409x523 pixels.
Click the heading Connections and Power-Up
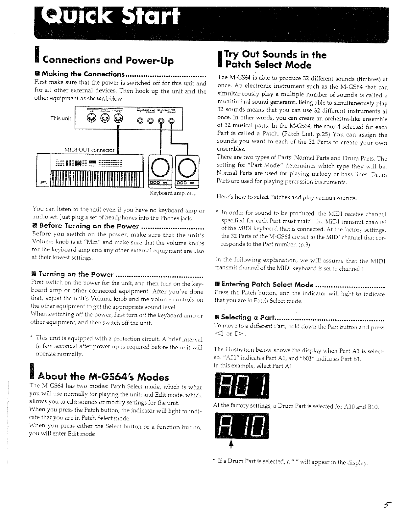[x=108, y=60]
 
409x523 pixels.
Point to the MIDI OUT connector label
[x=89, y=150]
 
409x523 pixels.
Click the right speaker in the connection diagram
[x=187, y=171]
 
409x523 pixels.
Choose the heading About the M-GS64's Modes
[x=104, y=377]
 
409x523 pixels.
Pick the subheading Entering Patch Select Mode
[x=267, y=284]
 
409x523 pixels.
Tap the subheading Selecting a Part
[x=248, y=317]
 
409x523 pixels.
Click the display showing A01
[x=242, y=386]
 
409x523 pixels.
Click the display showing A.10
[x=242, y=426]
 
